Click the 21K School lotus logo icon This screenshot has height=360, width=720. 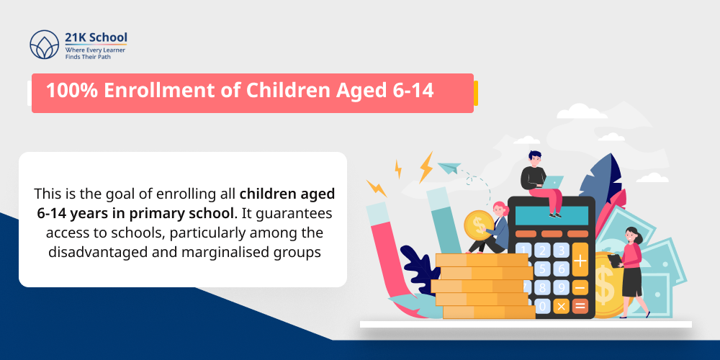tap(44, 45)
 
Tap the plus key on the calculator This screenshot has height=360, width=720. tap(580, 261)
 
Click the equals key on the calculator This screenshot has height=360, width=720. tap(580, 306)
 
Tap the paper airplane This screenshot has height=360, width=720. tap(449, 168)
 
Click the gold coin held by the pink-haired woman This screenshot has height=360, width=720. tap(477, 225)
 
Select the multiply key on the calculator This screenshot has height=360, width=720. tap(562, 306)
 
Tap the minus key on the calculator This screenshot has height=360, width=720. tap(580, 287)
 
